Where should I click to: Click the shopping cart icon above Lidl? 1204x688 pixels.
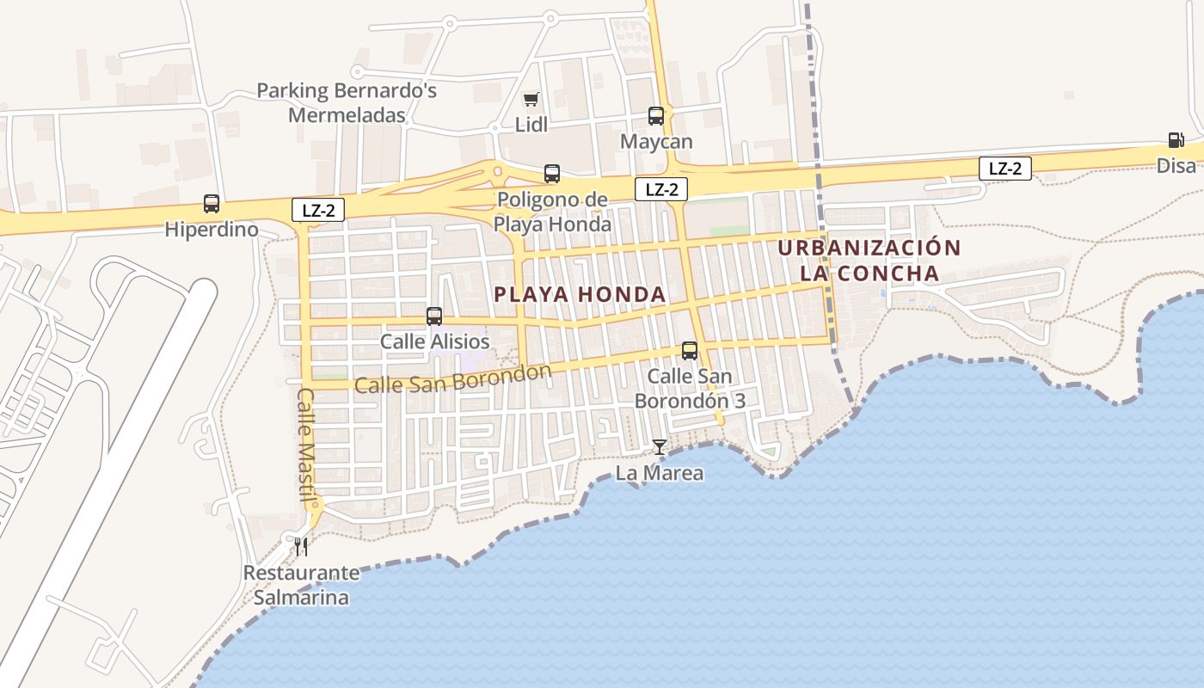click(x=531, y=100)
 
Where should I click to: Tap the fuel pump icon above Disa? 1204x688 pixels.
click(x=1176, y=140)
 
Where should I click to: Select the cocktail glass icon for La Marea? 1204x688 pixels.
click(x=660, y=447)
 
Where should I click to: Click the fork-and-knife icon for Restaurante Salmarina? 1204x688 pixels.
click(x=301, y=546)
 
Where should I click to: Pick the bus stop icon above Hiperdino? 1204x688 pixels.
click(x=212, y=204)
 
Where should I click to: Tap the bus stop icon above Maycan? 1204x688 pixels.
click(x=656, y=116)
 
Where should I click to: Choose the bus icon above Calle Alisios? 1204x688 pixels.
click(x=434, y=316)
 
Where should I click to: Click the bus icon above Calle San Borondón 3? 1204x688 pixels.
click(x=690, y=351)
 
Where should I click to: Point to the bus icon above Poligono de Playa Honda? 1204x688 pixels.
click(x=552, y=174)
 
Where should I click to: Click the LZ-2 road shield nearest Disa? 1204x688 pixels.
click(x=1004, y=169)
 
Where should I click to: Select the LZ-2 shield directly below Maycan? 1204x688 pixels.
click(x=661, y=189)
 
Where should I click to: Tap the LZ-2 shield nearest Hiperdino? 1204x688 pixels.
click(x=317, y=209)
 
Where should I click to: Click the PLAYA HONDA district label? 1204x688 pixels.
click(x=580, y=294)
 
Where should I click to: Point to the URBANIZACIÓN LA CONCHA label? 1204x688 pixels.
click(x=869, y=261)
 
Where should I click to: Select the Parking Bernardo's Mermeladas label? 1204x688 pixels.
click(x=347, y=102)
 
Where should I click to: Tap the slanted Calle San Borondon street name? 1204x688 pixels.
click(x=452, y=379)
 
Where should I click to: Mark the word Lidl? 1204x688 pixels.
click(x=531, y=125)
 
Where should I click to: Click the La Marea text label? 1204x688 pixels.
click(x=660, y=473)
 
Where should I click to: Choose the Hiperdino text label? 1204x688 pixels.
click(x=212, y=230)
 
